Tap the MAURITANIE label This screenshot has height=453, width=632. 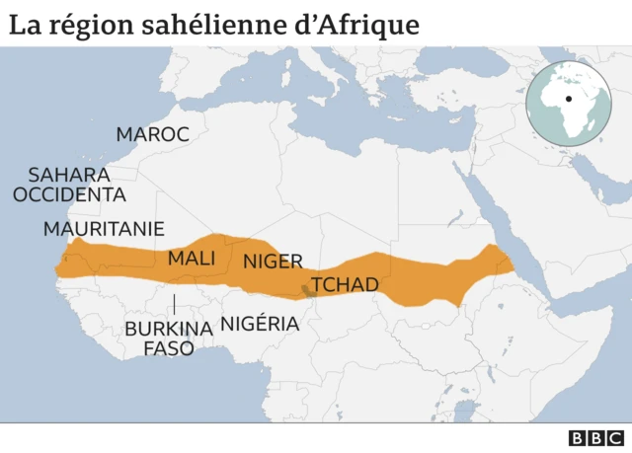point(104,229)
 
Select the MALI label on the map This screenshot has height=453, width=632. point(191,258)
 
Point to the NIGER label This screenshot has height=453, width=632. point(273,262)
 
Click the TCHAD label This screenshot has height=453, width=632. point(345,285)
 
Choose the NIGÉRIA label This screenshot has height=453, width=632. point(260,323)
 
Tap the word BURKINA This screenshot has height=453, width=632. point(168,329)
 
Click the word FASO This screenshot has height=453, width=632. point(169,348)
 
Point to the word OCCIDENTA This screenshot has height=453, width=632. point(69,194)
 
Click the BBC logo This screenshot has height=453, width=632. point(596,438)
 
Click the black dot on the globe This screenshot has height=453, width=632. point(569,100)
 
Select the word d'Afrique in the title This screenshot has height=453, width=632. point(355,25)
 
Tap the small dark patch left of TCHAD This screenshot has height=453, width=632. point(304,289)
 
